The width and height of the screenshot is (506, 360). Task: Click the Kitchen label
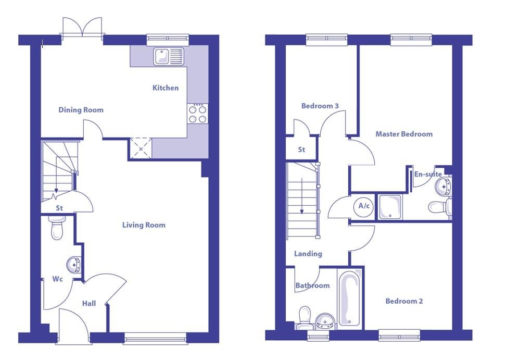(x=165, y=88)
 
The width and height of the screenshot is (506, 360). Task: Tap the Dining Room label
(x=81, y=110)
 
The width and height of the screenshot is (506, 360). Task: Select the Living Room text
(x=144, y=225)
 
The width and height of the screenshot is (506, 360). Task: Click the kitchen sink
(x=169, y=56)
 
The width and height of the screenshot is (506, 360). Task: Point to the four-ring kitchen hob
(x=197, y=114)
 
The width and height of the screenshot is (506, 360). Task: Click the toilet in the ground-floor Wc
(x=57, y=227)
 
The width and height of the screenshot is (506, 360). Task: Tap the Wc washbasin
(x=74, y=265)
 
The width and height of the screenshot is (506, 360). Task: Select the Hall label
(x=88, y=304)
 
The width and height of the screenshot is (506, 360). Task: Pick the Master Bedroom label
(x=404, y=134)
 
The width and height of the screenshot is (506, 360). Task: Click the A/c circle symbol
(x=364, y=206)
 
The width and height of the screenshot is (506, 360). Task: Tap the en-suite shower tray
(x=390, y=207)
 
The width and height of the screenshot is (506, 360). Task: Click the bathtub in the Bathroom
(x=350, y=297)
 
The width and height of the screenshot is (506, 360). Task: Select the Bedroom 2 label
(x=404, y=301)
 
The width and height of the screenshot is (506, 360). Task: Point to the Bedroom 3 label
(x=320, y=106)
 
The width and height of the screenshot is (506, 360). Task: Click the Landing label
(x=308, y=254)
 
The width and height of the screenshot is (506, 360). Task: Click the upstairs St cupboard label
(x=301, y=150)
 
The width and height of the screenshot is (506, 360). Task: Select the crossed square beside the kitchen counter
(x=141, y=148)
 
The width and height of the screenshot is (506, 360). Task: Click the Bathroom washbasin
(x=325, y=321)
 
